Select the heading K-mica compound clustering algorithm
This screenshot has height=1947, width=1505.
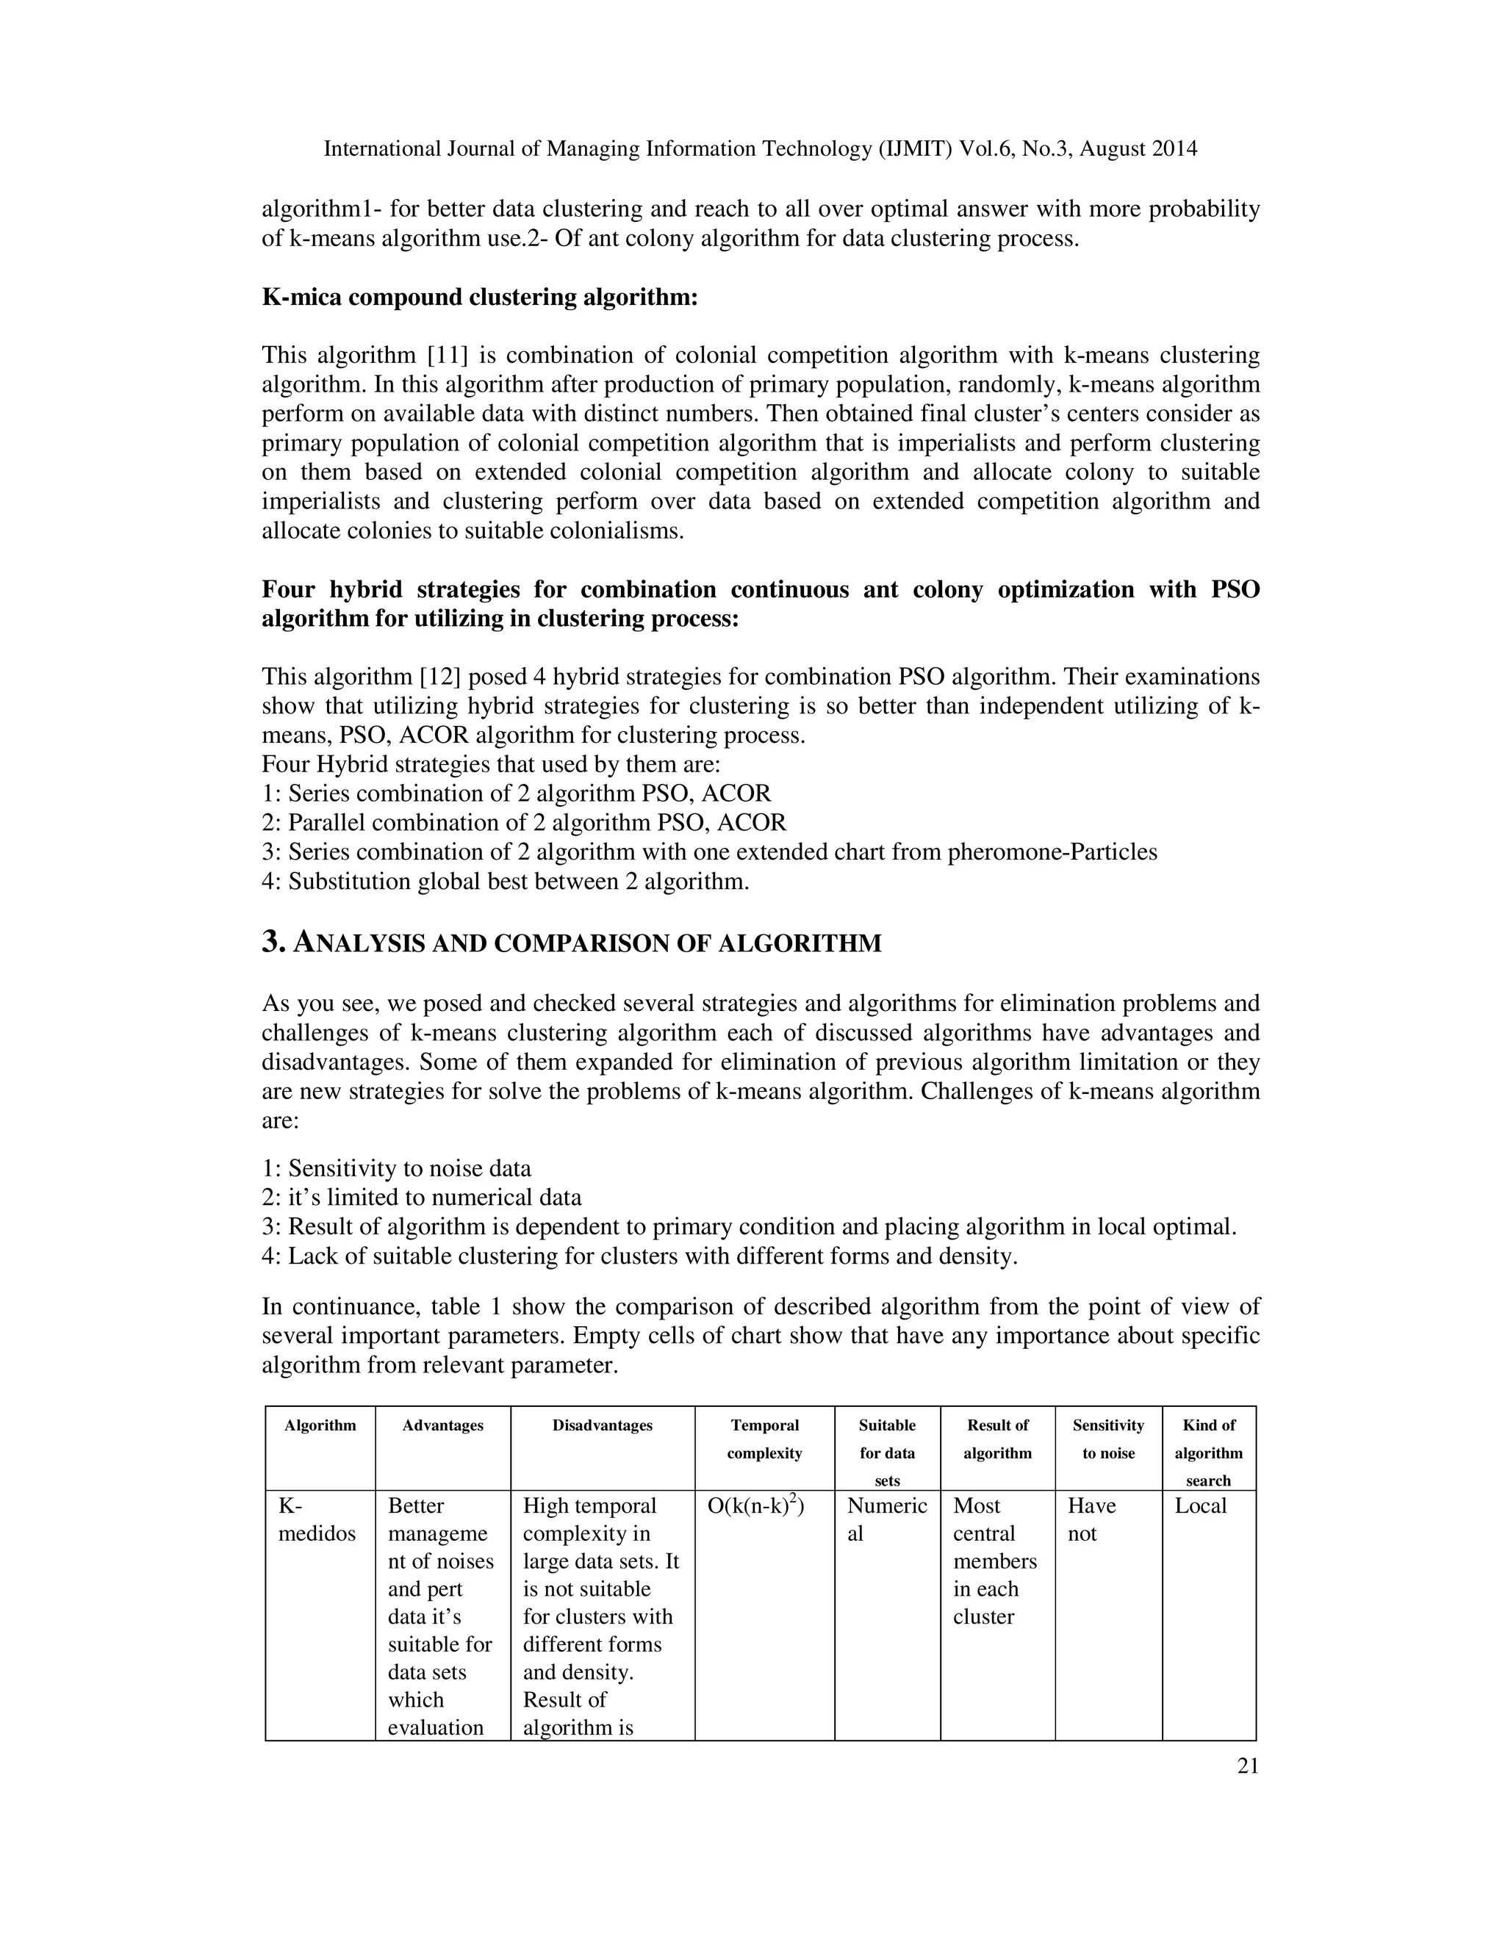click(479, 297)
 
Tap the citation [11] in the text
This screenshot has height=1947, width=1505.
click(448, 356)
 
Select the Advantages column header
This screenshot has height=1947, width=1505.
click(442, 1425)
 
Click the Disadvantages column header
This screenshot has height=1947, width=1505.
click(602, 1425)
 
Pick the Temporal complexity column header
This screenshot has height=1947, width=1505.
click(764, 1439)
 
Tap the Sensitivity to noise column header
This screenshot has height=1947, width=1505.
click(1108, 1439)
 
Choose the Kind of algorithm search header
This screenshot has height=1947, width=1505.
click(1208, 1453)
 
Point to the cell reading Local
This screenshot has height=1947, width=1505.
click(1200, 1507)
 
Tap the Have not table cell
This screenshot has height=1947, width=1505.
click(1091, 1520)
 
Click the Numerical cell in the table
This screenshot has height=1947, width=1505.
click(886, 1520)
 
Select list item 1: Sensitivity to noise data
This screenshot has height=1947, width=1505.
click(397, 1169)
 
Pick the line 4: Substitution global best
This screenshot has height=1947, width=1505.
click(506, 882)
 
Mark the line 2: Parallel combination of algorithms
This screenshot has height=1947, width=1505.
click(524, 823)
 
